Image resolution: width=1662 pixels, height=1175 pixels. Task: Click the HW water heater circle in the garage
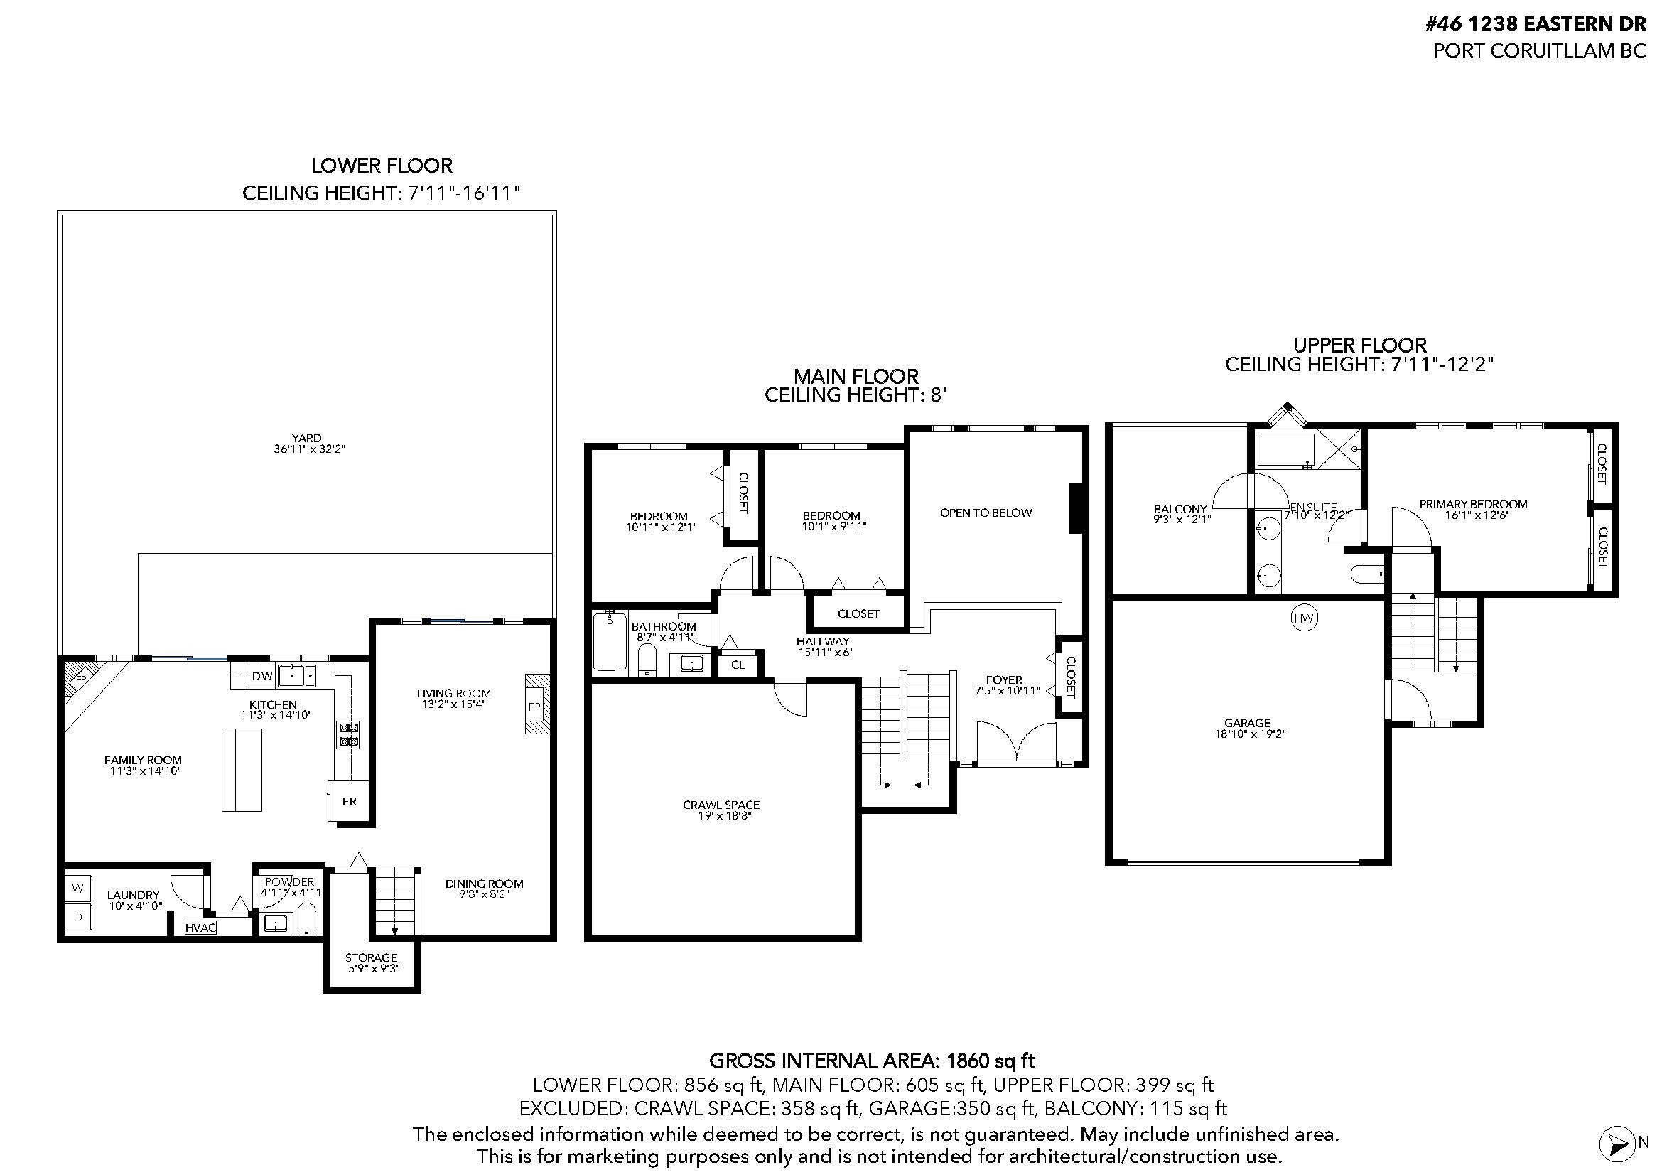pyautogui.click(x=1304, y=618)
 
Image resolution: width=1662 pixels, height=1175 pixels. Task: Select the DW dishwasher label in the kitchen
pyautogui.click(x=262, y=676)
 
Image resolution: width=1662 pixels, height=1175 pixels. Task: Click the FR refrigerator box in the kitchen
pyautogui.click(x=349, y=800)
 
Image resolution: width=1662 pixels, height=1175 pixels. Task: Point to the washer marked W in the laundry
pyautogui.click(x=78, y=889)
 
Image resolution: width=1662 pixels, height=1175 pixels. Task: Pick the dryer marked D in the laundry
pyautogui.click(x=78, y=916)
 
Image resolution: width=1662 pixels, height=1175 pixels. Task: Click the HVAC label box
pyautogui.click(x=200, y=928)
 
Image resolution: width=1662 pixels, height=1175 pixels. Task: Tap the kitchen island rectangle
pyautogui.click(x=242, y=771)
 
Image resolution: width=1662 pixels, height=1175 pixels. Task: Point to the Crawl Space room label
pyautogui.click(x=721, y=805)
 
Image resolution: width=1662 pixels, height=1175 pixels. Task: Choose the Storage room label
pyautogui.click(x=372, y=957)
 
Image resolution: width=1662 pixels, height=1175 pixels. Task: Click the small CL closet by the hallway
pyautogui.click(x=738, y=664)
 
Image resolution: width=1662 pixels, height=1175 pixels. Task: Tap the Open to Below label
pyautogui.click(x=986, y=513)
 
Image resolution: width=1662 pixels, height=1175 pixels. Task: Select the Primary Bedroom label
pyautogui.click(x=1473, y=504)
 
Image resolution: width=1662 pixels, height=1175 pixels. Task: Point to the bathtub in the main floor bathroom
pyautogui.click(x=610, y=641)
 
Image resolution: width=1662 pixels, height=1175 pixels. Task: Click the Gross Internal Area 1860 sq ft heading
pyautogui.click(x=873, y=1061)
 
